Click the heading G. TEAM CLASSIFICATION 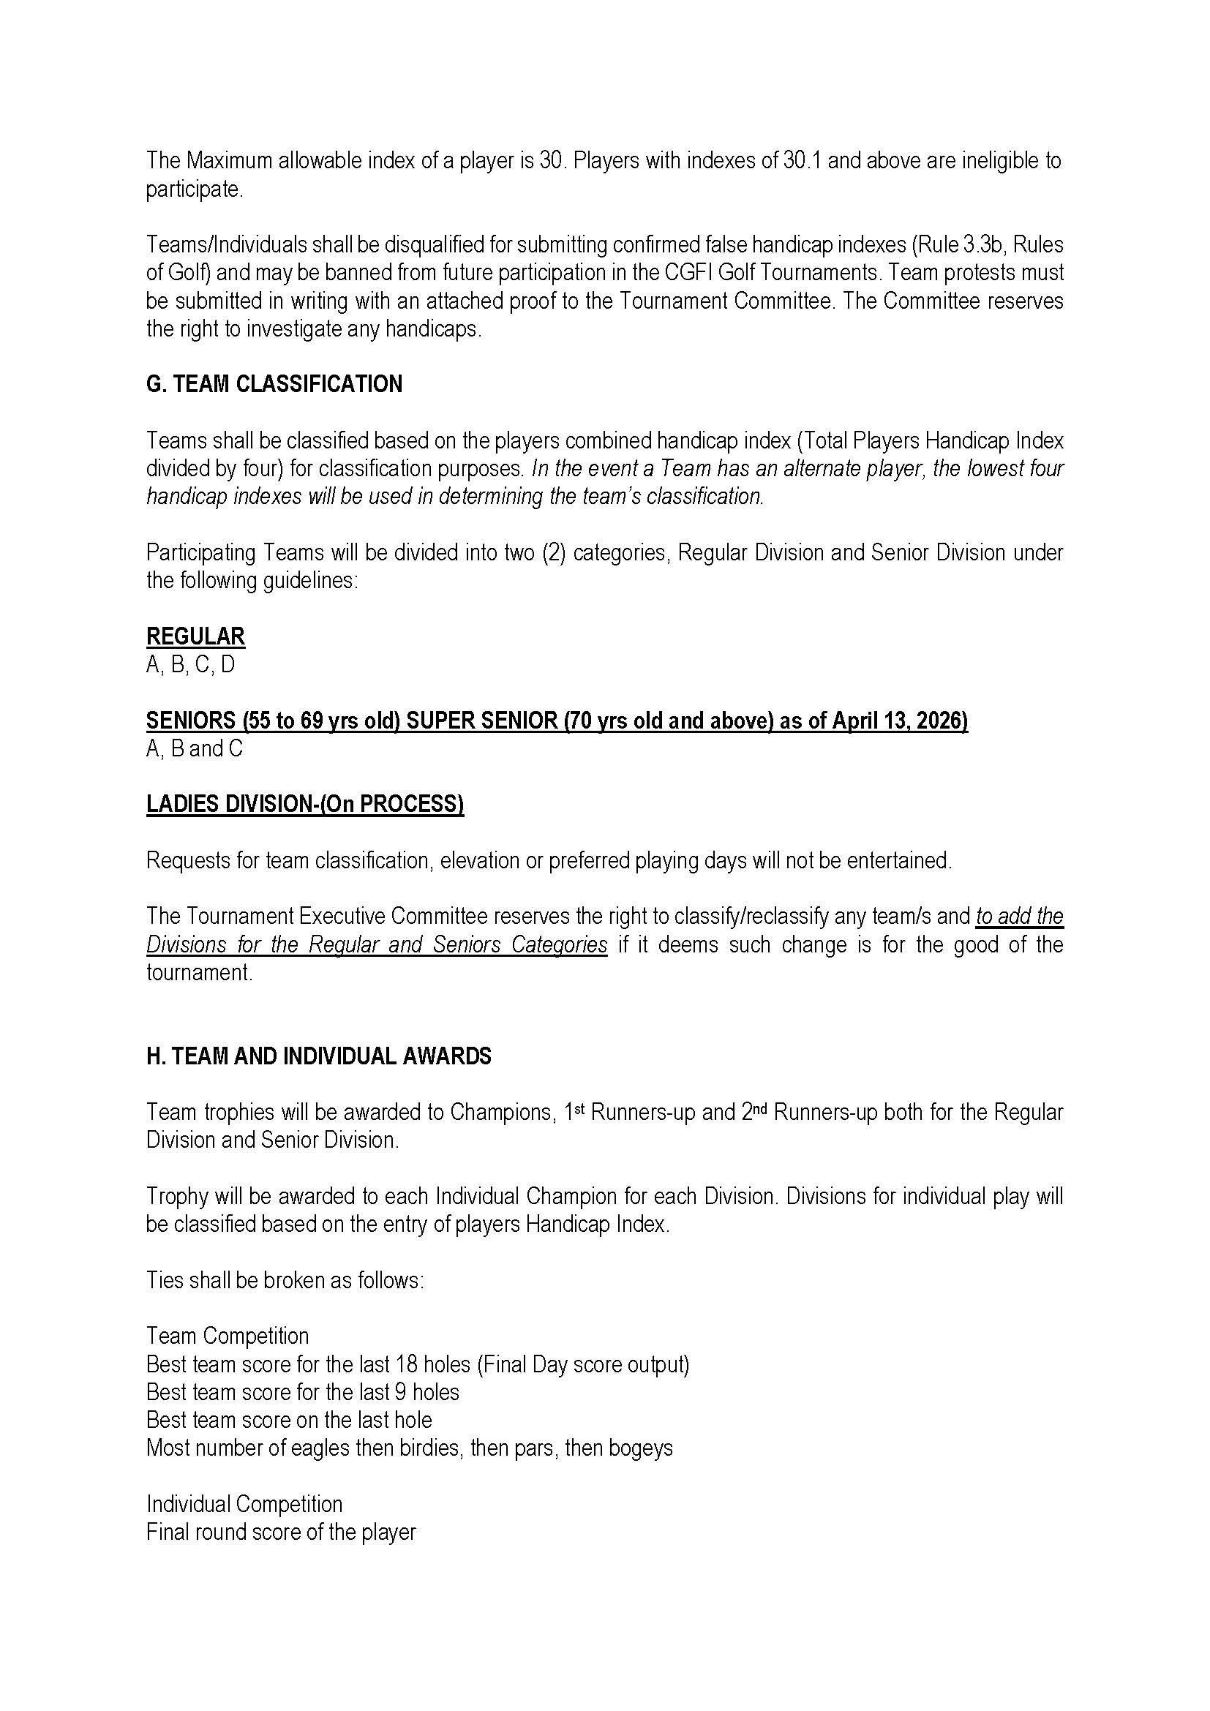click(x=274, y=384)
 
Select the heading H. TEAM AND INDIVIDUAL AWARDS click(x=318, y=1056)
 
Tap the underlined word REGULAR click(x=195, y=636)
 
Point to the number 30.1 click(x=803, y=160)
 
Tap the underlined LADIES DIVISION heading click(x=305, y=804)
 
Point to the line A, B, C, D click(x=191, y=664)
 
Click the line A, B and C click(x=195, y=748)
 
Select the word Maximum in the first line click(x=229, y=160)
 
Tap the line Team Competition click(x=228, y=1336)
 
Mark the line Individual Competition click(x=244, y=1504)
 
